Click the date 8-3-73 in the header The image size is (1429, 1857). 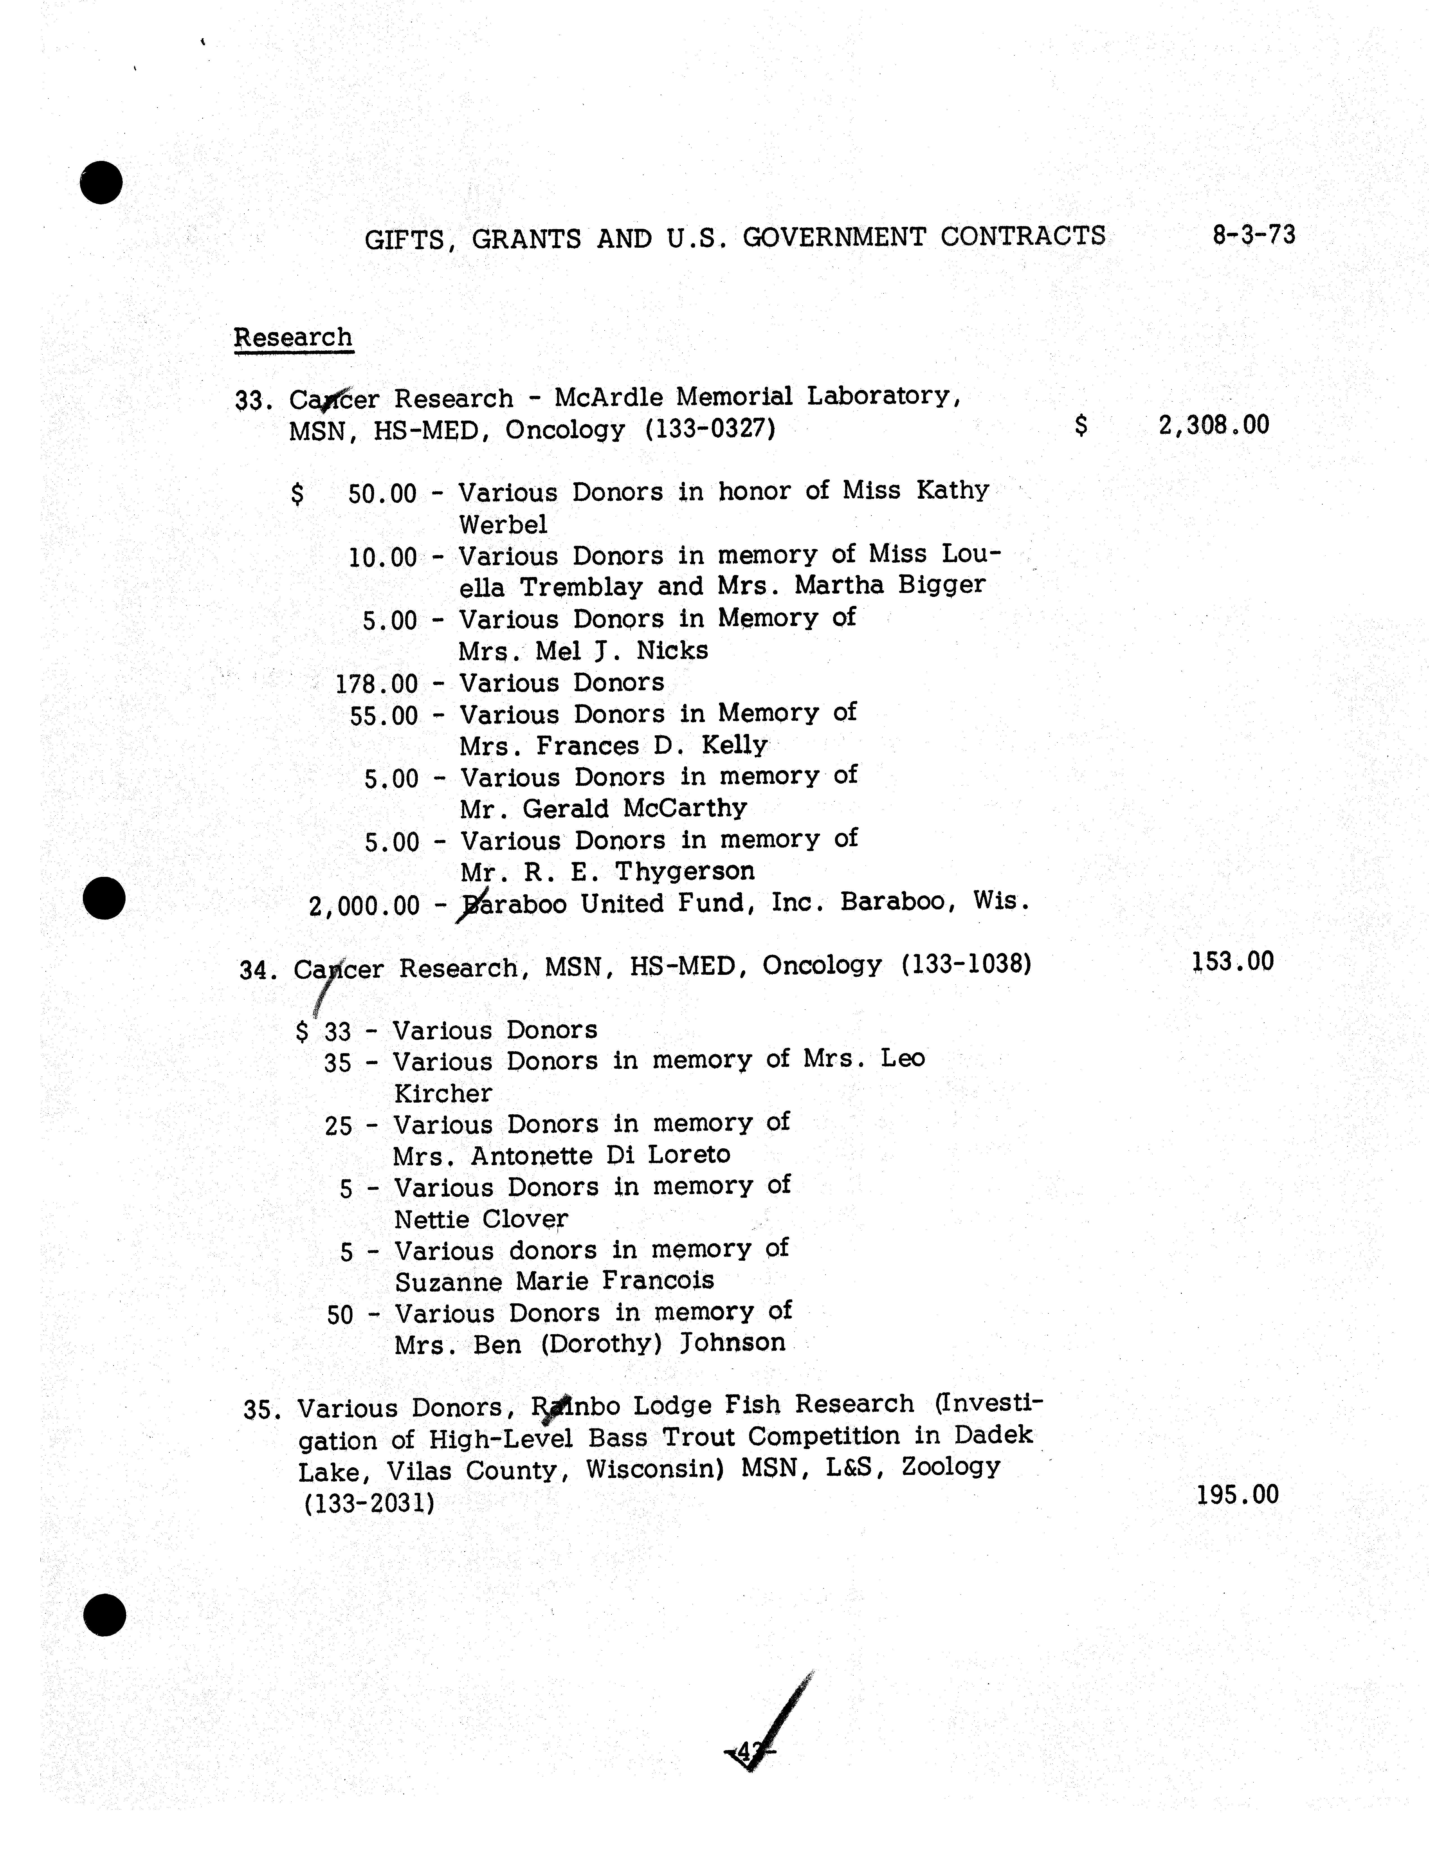pyautogui.click(x=1254, y=235)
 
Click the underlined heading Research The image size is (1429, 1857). pyautogui.click(x=293, y=337)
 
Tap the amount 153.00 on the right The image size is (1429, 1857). pyautogui.click(x=1232, y=962)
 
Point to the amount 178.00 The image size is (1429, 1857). pyautogui.click(x=377, y=684)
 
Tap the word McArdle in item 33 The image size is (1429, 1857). pyautogui.click(x=606, y=397)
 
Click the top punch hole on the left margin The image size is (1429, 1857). pyautogui.click(x=101, y=182)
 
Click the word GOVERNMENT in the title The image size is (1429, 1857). pyautogui.click(x=834, y=236)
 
